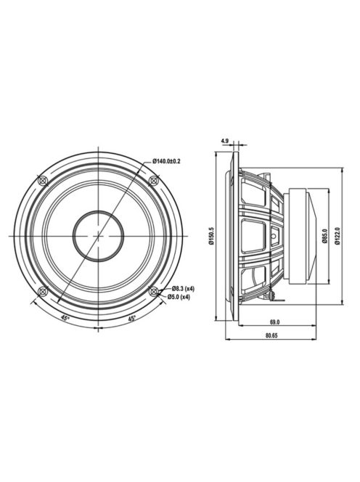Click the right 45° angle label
click(x=132, y=318)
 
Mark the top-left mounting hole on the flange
click(x=42, y=179)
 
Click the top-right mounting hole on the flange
click(x=154, y=179)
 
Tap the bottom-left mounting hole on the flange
click(x=42, y=291)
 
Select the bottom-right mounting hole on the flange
click(x=154, y=291)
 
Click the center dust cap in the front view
click(x=98, y=235)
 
